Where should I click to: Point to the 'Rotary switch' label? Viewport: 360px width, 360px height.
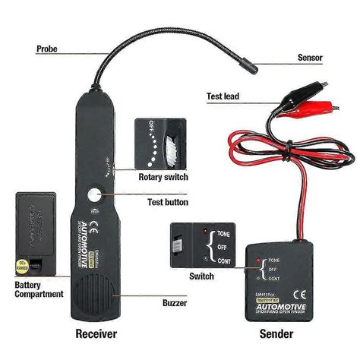pyautogui.click(x=162, y=177)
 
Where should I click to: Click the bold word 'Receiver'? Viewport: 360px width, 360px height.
pyautogui.click(x=97, y=335)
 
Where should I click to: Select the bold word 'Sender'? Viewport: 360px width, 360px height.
pyautogui.click(x=278, y=335)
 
